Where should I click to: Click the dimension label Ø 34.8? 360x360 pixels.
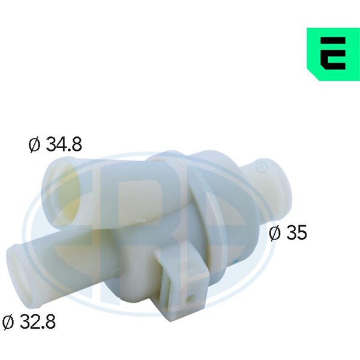tap(55, 145)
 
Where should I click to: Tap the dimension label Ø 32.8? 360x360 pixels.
tap(29, 321)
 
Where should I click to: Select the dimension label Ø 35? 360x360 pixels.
tap(287, 233)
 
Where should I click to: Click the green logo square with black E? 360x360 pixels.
tap(334, 54)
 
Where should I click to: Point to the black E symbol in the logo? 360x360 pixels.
tap(333, 53)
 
